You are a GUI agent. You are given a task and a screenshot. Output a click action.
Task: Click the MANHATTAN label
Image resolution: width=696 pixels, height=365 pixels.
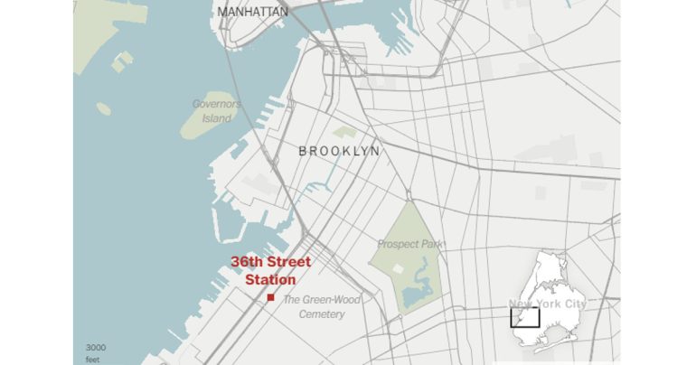coord(253,12)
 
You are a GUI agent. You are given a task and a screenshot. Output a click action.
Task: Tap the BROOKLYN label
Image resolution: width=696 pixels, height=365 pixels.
coord(339,151)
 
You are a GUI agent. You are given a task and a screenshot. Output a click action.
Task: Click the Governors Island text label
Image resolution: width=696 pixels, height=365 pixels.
coord(217,111)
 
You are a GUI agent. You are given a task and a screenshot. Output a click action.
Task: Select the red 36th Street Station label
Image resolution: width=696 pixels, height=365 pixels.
coord(270,271)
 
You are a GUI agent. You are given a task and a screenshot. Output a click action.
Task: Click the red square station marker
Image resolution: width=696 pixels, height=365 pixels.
coord(271,297)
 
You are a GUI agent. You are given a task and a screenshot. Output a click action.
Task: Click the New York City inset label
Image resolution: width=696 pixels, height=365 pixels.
coord(548,304)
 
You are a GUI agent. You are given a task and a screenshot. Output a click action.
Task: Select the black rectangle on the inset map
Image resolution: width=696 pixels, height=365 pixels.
coord(525,317)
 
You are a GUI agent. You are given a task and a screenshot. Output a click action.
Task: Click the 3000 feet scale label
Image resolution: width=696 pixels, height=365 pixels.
coord(96,353)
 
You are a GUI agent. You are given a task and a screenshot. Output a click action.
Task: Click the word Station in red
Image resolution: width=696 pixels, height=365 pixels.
coord(270,280)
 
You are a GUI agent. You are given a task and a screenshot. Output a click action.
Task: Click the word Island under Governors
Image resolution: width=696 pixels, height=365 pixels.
coord(217,118)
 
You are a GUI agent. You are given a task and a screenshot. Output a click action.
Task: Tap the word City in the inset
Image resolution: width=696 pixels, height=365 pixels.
coord(573,304)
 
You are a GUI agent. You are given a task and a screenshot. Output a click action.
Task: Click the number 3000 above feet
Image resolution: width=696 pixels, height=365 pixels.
coord(96,348)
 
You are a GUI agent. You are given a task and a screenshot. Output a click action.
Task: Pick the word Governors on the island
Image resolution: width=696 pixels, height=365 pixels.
coord(217,104)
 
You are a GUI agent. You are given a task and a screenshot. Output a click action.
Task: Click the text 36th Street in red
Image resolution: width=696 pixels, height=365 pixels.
coord(270,262)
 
